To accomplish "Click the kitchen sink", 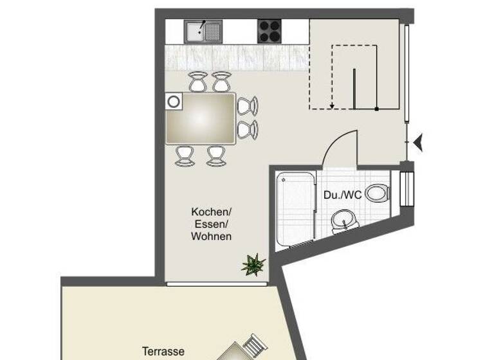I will [x=203, y=31].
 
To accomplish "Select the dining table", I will [x=201, y=118].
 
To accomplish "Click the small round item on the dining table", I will [x=173, y=101].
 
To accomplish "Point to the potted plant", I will [x=253, y=264].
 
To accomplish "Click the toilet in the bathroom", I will [x=377, y=193].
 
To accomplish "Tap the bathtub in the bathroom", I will [x=295, y=209].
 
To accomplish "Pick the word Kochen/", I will [x=211, y=212].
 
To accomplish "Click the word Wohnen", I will [x=211, y=236].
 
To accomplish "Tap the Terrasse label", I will [x=163, y=352].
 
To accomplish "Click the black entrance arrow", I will [x=418, y=143].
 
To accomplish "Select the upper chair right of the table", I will [x=248, y=105].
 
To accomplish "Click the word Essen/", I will [x=211, y=224].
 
